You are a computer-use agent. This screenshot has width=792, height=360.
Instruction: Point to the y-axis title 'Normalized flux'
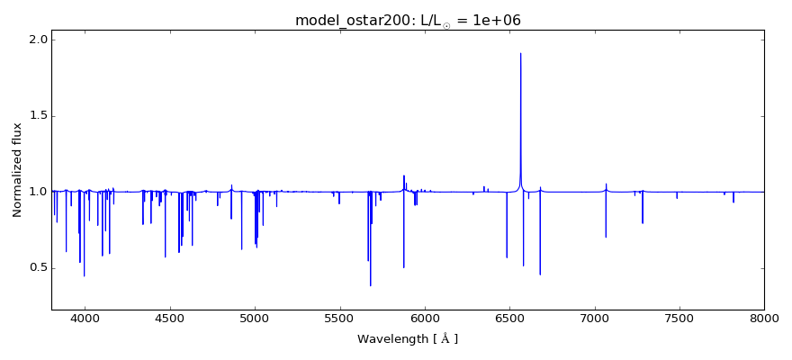(18, 169)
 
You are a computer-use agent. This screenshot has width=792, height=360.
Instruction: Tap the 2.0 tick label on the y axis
(37, 40)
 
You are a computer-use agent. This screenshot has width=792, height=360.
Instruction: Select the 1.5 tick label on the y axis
(37, 116)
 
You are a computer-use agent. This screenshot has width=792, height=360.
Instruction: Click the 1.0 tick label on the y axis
(37, 192)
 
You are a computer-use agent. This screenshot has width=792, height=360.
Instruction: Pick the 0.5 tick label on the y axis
(37, 267)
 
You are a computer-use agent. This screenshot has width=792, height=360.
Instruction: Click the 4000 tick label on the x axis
(85, 318)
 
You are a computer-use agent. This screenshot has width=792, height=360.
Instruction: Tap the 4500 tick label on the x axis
(169, 318)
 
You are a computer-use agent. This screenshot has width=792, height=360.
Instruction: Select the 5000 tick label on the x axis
(255, 318)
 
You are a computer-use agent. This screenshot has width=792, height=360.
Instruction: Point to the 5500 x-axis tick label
(339, 318)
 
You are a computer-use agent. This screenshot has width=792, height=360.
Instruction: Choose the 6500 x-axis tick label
(509, 318)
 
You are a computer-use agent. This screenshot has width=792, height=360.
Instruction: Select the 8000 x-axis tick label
(763, 318)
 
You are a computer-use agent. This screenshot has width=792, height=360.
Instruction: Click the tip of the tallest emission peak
(520, 53)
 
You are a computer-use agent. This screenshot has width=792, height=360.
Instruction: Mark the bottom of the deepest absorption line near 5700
(370, 285)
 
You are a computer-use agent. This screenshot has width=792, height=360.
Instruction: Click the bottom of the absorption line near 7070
(606, 237)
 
